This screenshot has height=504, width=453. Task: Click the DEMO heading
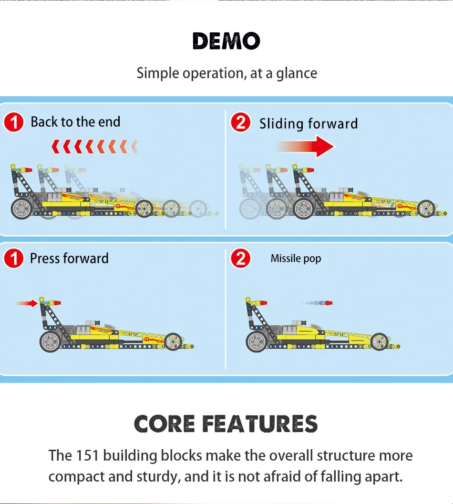pyautogui.click(x=226, y=41)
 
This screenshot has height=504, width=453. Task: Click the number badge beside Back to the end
pyautogui.click(x=14, y=123)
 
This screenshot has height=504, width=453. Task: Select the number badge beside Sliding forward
pyautogui.click(x=241, y=123)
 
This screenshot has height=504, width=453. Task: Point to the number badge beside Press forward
pyautogui.click(x=14, y=259)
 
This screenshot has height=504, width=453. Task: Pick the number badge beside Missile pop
pyautogui.click(x=241, y=259)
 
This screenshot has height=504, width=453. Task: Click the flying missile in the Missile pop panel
pyautogui.click(x=317, y=302)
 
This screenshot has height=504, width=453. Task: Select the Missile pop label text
pyautogui.click(x=296, y=259)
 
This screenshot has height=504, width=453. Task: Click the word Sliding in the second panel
pyautogui.click(x=278, y=124)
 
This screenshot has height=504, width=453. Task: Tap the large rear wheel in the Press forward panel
pyautogui.click(x=50, y=342)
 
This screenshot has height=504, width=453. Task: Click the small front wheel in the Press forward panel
pyautogui.click(x=173, y=341)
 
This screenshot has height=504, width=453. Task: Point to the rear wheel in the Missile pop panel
pyautogui.click(x=257, y=342)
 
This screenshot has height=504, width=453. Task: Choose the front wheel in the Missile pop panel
pyautogui.click(x=380, y=341)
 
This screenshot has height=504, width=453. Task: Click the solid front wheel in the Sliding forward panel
pyautogui.click(x=427, y=208)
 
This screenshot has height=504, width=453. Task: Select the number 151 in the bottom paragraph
pyautogui.click(x=87, y=455)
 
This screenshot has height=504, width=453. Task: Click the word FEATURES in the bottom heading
pyautogui.click(x=260, y=424)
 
